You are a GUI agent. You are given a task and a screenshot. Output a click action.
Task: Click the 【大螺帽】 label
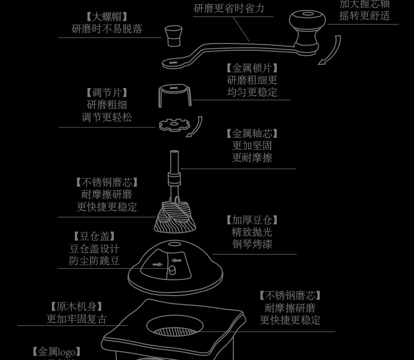pos(107,17)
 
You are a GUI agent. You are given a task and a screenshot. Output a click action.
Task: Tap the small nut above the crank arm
pos(174,35)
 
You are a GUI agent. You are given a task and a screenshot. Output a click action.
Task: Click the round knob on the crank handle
pos(307,22)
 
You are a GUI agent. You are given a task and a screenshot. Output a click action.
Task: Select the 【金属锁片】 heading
pos(252,68)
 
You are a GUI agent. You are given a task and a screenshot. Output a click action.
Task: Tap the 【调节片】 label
pos(107,93)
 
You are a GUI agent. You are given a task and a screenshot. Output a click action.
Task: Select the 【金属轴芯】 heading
pos(252,134)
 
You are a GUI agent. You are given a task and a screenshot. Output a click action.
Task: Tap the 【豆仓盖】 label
pos(94,236)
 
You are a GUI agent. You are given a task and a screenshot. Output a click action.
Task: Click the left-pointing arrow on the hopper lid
pos(176,260)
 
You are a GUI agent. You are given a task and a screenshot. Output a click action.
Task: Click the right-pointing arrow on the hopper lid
pos(157,265)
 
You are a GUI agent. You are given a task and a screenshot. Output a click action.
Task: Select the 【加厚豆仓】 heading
pos(252,220)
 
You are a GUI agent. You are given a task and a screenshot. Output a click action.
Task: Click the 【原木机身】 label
pos(77,307)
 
